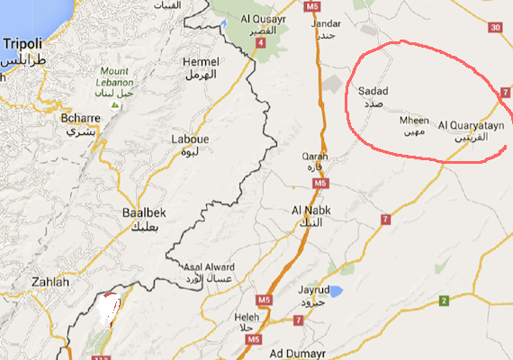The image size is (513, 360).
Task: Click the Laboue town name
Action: (191, 139)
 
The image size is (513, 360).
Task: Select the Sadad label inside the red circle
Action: (373, 92)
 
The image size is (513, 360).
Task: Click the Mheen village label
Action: (414, 120)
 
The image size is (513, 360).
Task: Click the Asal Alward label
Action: (208, 268)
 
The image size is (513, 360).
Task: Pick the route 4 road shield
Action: (259, 53)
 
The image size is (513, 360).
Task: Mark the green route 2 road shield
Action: (444, 301)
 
